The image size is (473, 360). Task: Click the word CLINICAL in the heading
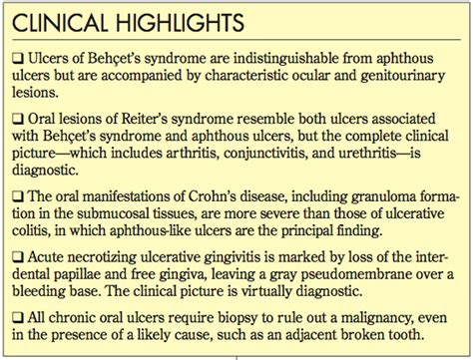pyautogui.click(x=60, y=21)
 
